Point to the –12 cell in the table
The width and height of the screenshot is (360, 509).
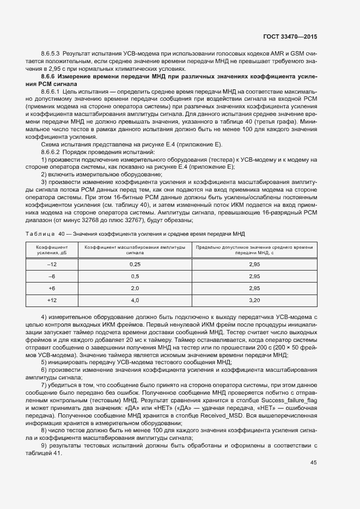tap(52, 264)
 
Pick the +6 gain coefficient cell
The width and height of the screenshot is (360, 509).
tap(52, 288)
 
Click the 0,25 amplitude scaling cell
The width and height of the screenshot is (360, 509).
tap(135, 264)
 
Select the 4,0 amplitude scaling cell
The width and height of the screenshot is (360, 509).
tap(135, 300)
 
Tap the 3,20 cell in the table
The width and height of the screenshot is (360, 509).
tap(254, 300)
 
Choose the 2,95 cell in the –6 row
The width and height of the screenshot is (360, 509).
tap(254, 276)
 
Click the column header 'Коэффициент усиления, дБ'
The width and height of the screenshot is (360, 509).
tap(52, 249)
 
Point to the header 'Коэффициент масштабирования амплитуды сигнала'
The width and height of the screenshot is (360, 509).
tap(135, 249)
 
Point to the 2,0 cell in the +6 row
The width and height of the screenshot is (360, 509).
tap(135, 288)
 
